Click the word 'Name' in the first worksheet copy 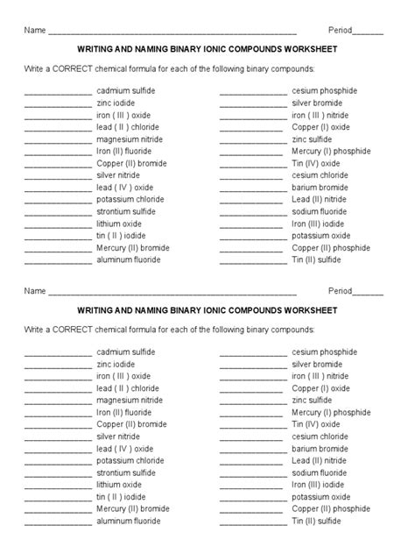35,30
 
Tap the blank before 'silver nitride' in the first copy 58,175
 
